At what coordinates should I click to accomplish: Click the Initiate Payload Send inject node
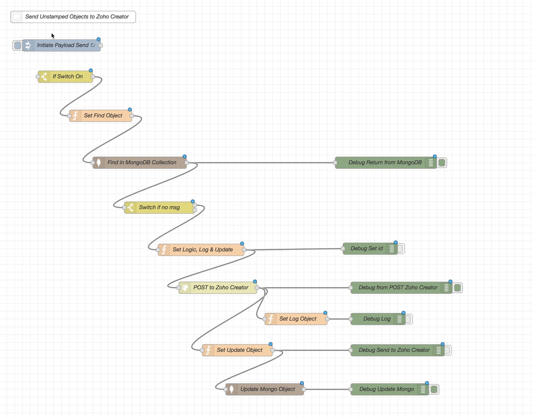[63, 45]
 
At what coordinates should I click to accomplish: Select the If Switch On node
[67, 77]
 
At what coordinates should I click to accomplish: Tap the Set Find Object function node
[102, 116]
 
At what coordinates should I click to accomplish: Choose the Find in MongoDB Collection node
[142, 163]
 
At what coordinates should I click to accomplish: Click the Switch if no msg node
[159, 208]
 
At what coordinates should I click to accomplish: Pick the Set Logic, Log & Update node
[202, 249]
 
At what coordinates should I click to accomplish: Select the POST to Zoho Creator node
[221, 288]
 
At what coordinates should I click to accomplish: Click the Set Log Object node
[298, 319]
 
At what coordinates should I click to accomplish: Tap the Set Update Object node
[239, 350]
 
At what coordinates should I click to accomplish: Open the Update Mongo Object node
[267, 389]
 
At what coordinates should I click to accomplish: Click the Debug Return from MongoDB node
[385, 163]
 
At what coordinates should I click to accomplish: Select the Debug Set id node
[366, 249]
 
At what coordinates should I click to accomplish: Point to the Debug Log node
[376, 319]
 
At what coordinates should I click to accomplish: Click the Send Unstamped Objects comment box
[77, 17]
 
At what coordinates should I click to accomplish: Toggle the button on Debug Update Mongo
[434, 389]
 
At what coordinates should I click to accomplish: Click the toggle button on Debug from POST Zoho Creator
[458, 288]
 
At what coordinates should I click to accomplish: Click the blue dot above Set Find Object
[130, 110]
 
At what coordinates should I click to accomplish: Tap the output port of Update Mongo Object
[304, 389]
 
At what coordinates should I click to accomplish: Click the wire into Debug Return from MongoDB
[262, 163]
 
